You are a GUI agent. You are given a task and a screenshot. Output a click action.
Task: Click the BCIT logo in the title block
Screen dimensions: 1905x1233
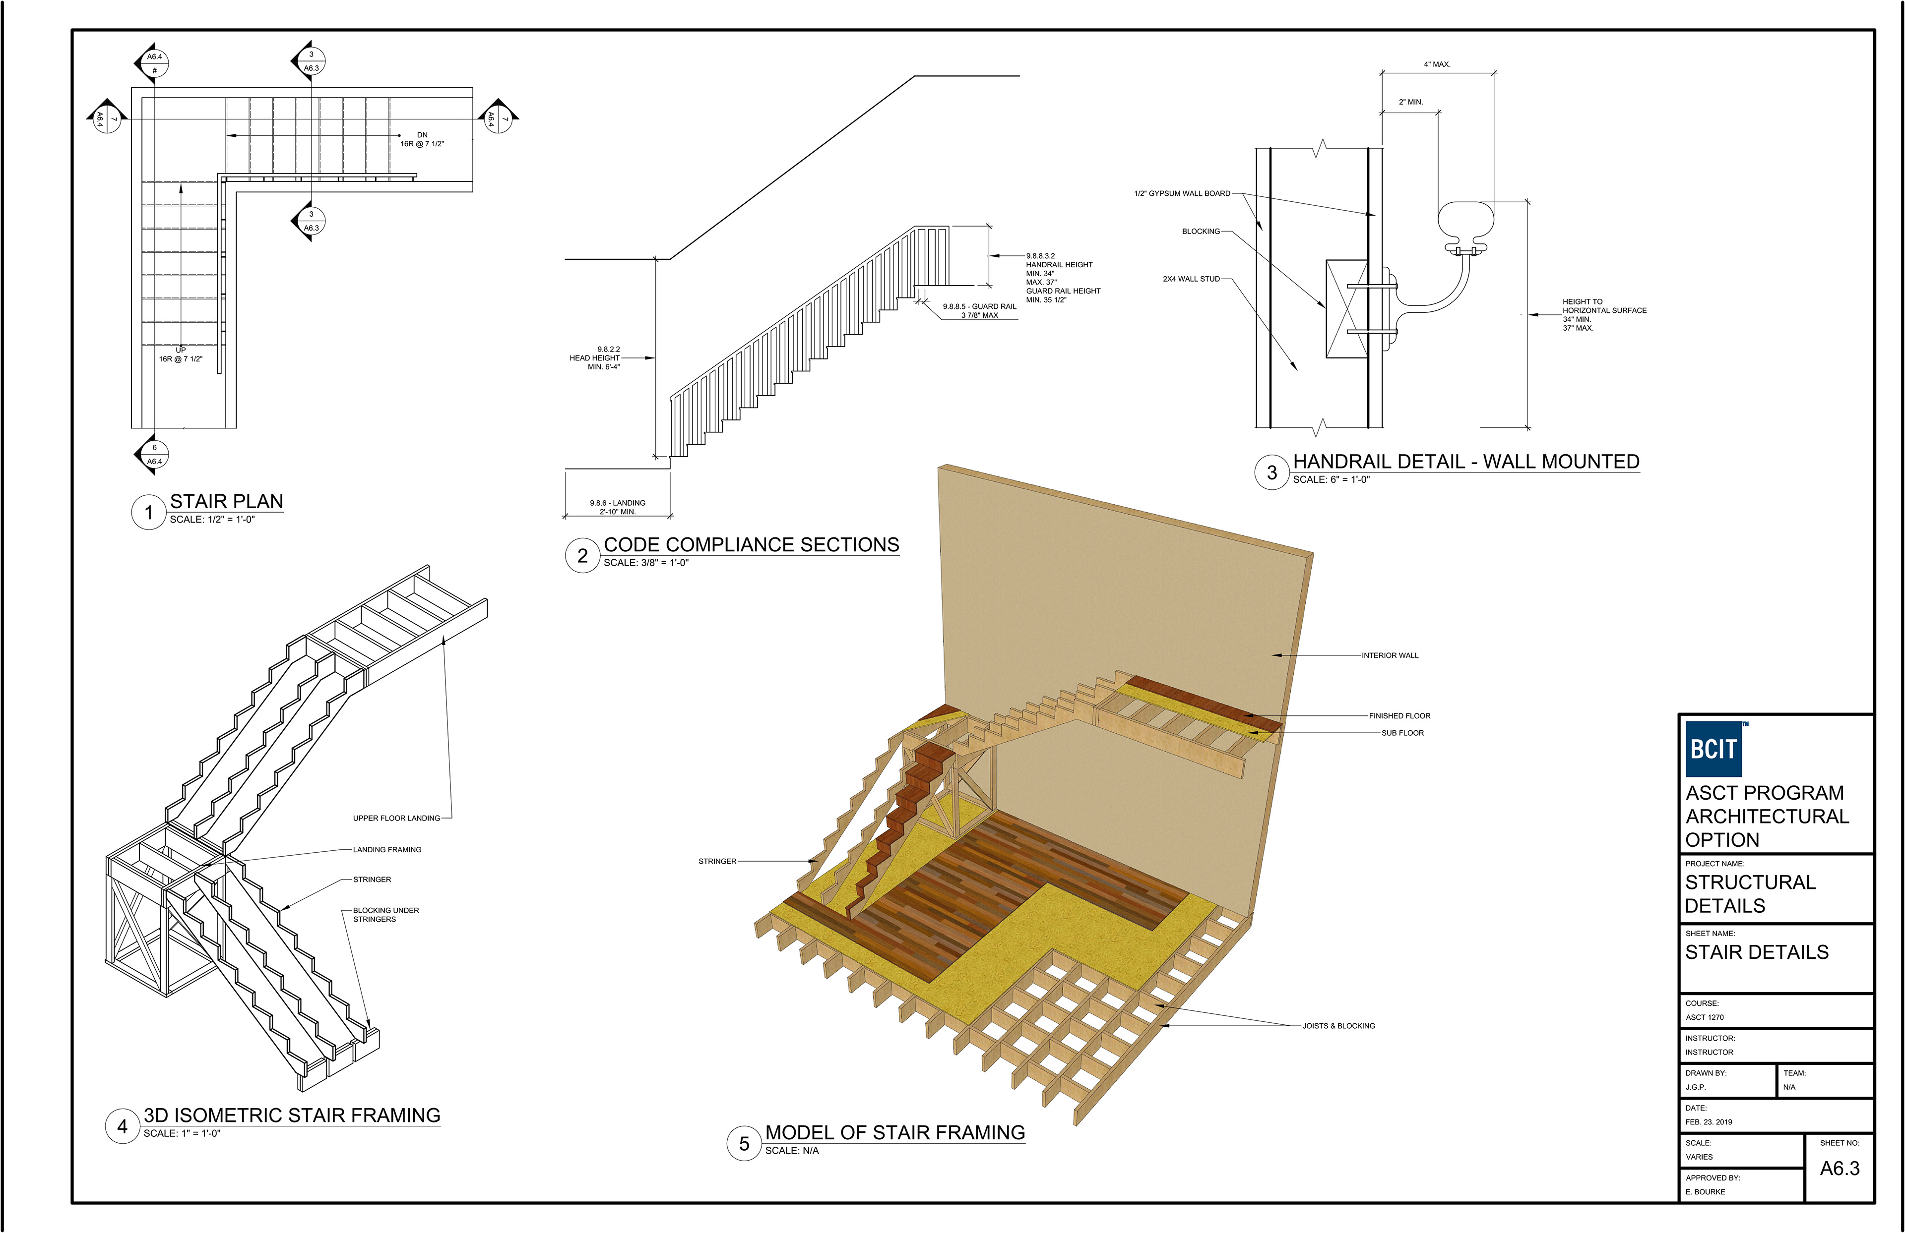[x=1714, y=749]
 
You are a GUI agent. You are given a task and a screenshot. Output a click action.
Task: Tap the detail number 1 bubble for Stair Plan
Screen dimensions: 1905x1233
[x=148, y=512]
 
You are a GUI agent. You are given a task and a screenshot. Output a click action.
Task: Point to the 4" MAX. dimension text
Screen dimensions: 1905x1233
[x=1437, y=64]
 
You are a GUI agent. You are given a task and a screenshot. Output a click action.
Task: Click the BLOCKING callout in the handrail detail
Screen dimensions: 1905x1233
[x=1201, y=231]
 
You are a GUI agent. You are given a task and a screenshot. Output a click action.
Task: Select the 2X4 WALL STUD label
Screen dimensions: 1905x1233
[x=1191, y=279]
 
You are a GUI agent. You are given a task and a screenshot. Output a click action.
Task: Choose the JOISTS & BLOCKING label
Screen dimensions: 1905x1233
[x=1338, y=1026]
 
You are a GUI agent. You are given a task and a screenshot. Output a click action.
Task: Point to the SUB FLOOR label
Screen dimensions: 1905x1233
[x=1402, y=733]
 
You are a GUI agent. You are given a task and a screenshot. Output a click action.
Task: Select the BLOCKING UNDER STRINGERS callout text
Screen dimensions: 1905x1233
[x=386, y=915]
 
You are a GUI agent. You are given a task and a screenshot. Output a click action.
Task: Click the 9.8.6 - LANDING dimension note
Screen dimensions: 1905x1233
[x=617, y=507]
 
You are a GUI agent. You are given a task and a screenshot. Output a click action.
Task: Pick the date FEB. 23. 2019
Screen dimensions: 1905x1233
[x=1708, y=1122]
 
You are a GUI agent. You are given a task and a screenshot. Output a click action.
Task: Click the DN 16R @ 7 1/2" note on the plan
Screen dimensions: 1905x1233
[x=422, y=139]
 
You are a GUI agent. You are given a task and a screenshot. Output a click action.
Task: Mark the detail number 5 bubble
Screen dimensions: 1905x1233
[x=744, y=1143]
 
